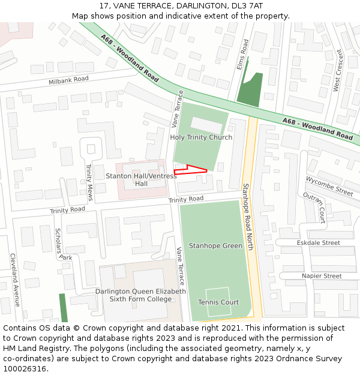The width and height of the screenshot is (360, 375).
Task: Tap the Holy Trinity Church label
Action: (201, 137)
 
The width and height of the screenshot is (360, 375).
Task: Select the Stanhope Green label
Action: (215, 245)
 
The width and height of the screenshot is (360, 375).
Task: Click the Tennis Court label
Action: (218, 302)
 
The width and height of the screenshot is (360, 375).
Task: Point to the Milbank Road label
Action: (68, 80)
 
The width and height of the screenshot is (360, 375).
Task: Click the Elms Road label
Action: (242, 55)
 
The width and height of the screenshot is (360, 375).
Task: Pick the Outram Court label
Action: (314, 207)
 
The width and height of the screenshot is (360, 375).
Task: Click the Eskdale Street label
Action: (318, 243)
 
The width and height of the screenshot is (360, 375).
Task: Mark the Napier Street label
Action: (322, 276)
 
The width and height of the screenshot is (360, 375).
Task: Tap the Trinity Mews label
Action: (89, 182)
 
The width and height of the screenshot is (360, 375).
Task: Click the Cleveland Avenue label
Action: (15, 280)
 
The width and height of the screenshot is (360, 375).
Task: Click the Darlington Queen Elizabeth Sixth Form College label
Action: (140, 295)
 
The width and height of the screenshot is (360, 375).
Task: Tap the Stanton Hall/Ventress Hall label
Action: (141, 179)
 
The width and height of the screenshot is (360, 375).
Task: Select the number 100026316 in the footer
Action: (25, 369)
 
